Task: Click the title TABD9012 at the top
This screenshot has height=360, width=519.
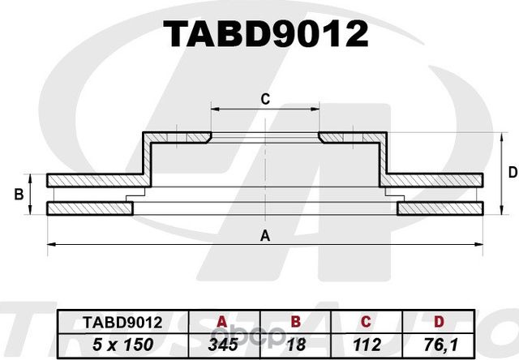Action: pyautogui.click(x=265, y=34)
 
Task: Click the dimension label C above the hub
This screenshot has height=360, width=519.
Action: pyautogui.click(x=264, y=100)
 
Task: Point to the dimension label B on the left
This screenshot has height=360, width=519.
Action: pyautogui.click(x=19, y=195)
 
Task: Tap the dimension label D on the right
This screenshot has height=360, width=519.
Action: pyautogui.click(x=512, y=172)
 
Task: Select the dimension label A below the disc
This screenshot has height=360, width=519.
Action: pyautogui.click(x=264, y=235)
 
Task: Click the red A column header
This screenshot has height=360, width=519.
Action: pyautogui.click(x=220, y=323)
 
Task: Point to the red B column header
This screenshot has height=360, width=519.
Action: pyautogui.click(x=295, y=323)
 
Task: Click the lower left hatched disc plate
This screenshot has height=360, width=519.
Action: pyautogui.click(x=89, y=209)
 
